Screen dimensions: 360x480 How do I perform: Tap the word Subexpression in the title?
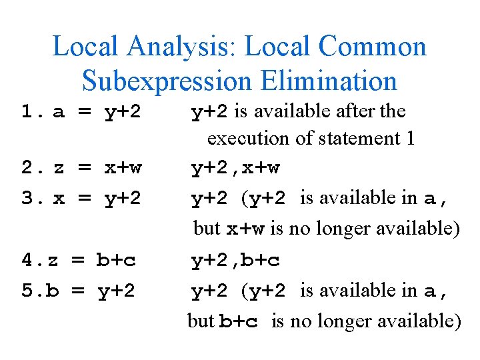pyautogui.click(x=167, y=81)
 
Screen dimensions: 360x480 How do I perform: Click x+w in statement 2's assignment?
pyautogui.click(x=123, y=167)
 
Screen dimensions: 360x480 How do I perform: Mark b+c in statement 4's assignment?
pyautogui.click(x=116, y=259)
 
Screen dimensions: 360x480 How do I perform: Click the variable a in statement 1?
pyautogui.click(x=59, y=111)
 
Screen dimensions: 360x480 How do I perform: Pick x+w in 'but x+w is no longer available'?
pyautogui.click(x=246, y=229)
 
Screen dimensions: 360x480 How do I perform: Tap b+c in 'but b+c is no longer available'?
pyautogui.click(x=239, y=321)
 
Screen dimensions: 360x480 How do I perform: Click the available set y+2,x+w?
pyautogui.click(x=235, y=167)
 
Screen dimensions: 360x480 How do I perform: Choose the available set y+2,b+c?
pyautogui.click(x=235, y=259)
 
